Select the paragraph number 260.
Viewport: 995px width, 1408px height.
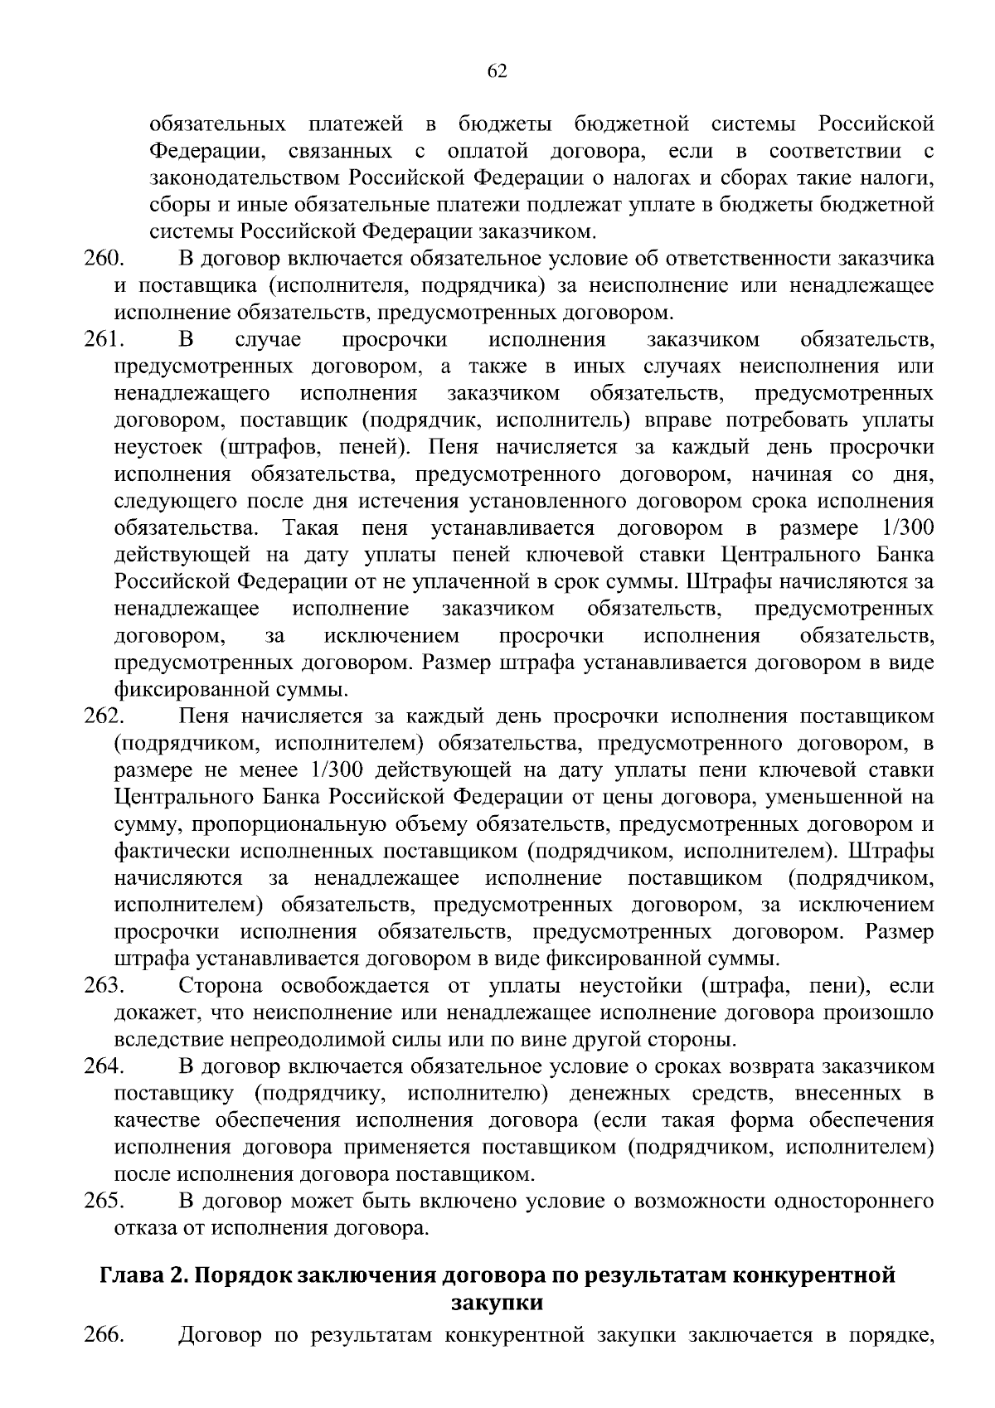[x=104, y=259]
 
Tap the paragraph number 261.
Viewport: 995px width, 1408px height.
[x=104, y=340]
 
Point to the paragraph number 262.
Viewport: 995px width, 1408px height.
[x=104, y=716]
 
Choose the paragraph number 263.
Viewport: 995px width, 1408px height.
[x=104, y=985]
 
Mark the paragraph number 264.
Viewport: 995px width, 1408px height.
[x=104, y=1066]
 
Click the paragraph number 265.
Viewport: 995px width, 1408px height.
[x=104, y=1201]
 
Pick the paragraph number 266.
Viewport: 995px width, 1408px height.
[x=104, y=1335]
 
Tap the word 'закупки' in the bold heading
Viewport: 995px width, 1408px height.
[x=497, y=1302]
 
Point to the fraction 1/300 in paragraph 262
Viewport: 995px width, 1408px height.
[x=336, y=770]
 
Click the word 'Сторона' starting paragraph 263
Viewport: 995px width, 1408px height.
[x=221, y=985]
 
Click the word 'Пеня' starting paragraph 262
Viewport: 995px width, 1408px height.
[x=201, y=716]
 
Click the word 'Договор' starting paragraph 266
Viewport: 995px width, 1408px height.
[x=222, y=1335]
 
